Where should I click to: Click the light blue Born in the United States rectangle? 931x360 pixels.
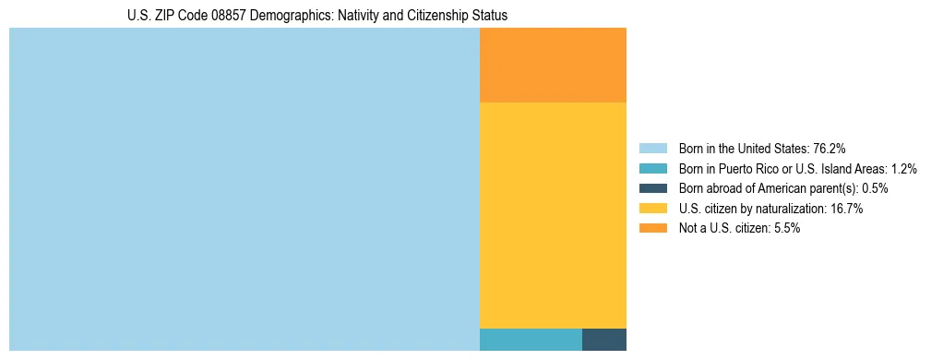(x=245, y=189)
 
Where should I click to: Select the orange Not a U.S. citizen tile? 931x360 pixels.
(x=553, y=65)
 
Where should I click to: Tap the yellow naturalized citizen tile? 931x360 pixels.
(x=553, y=215)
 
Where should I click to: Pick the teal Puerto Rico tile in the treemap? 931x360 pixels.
(x=531, y=339)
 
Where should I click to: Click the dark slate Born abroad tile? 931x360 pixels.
(x=604, y=339)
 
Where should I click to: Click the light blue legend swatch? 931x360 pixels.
(x=652, y=149)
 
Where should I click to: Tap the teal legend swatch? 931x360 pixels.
(x=652, y=169)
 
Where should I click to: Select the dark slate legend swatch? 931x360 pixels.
(x=652, y=188)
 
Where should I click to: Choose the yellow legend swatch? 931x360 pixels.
(x=652, y=209)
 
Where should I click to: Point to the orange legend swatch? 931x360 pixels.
(x=652, y=229)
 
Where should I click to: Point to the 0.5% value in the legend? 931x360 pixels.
(x=875, y=188)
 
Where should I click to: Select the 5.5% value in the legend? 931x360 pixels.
(x=784, y=229)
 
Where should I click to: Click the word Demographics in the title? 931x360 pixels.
(x=280, y=16)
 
